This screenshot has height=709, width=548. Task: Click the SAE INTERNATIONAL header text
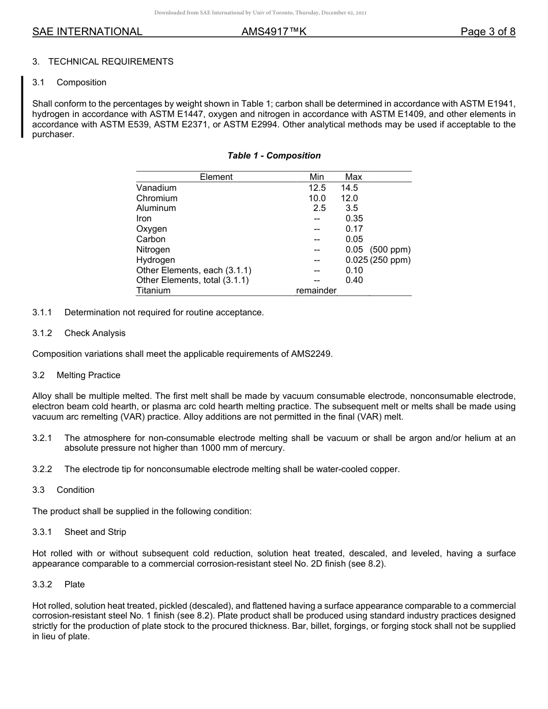(x=87, y=32)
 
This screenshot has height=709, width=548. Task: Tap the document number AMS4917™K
(x=273, y=32)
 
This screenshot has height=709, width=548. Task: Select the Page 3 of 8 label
(x=487, y=32)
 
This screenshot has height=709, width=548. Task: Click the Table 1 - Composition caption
(x=274, y=156)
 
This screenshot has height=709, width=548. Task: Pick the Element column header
(x=216, y=177)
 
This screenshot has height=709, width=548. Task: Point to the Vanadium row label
(x=156, y=188)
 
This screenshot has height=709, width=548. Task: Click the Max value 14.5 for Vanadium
(x=349, y=188)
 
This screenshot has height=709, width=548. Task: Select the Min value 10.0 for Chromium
(x=317, y=198)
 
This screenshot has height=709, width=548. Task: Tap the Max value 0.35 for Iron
(x=354, y=218)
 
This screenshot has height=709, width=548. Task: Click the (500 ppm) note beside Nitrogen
(x=391, y=250)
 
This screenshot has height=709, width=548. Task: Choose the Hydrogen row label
(x=155, y=260)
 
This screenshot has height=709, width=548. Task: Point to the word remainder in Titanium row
(x=316, y=291)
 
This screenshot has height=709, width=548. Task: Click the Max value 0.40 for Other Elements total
(x=354, y=281)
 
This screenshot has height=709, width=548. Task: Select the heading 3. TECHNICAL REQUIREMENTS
(x=103, y=62)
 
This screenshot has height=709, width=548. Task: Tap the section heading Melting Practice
(x=88, y=375)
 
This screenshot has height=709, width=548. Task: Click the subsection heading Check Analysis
(x=95, y=333)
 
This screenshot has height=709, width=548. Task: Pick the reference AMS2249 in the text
(x=311, y=354)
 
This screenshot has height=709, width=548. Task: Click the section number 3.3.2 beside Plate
(x=42, y=584)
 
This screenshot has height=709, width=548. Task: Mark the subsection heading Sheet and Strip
(x=95, y=532)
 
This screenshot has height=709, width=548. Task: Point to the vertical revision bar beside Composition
(x=22, y=107)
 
